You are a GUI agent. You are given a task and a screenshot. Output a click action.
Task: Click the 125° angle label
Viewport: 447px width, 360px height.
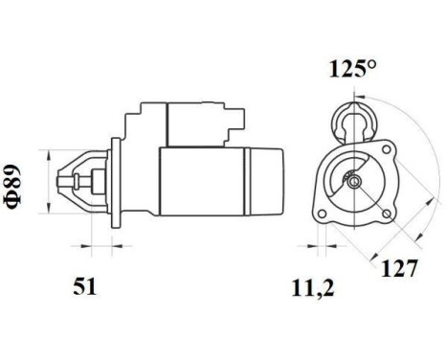tap(352, 71)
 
